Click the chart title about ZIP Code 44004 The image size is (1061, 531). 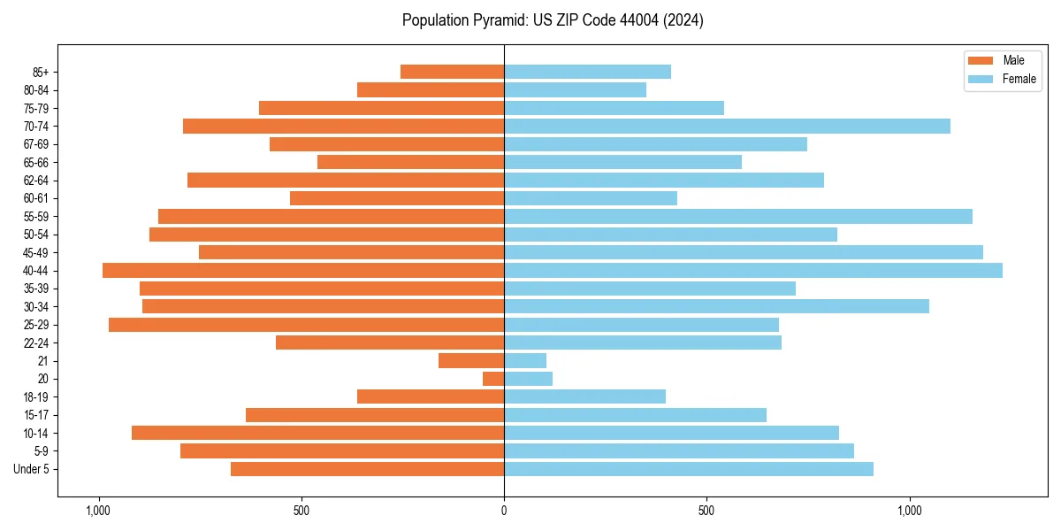tap(553, 20)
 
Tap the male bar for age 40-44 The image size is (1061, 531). tap(303, 270)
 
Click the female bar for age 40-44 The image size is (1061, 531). tap(753, 270)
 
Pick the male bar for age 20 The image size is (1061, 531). tap(493, 379)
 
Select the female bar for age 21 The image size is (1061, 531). tap(525, 360)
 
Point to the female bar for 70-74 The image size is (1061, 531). tap(727, 126)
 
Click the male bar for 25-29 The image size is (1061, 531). tap(306, 325)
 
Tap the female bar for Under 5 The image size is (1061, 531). tap(689, 469)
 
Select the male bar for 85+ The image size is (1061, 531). tap(452, 72)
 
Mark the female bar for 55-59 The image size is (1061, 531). tap(738, 216)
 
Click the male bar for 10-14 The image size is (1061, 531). tap(317, 433)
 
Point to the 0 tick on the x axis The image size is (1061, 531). tap(504, 511)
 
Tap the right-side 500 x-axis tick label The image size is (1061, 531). tap(706, 511)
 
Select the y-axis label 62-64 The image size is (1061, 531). tap(37, 181)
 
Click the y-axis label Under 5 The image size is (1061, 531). tap(31, 469)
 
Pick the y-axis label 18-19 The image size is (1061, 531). tap(37, 396)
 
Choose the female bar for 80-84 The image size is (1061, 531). tap(575, 89)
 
